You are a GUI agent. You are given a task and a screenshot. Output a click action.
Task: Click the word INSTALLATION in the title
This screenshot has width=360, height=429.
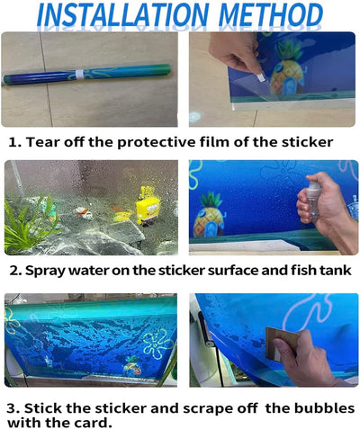click(122, 14)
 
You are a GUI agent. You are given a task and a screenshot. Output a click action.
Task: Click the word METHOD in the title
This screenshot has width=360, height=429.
click(271, 14)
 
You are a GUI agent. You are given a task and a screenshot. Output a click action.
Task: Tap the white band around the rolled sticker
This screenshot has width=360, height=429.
click(79, 75)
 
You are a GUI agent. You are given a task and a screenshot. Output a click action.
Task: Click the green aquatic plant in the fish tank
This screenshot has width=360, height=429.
click(29, 223)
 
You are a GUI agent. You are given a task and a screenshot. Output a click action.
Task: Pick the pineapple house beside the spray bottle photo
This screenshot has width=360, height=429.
click(209, 215)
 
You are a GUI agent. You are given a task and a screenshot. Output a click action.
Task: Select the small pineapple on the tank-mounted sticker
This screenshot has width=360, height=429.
click(132, 367)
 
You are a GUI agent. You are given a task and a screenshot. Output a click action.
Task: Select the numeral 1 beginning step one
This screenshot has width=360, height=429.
click(13, 142)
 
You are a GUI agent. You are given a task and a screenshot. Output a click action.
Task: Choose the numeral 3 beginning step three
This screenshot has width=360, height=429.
click(13, 408)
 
